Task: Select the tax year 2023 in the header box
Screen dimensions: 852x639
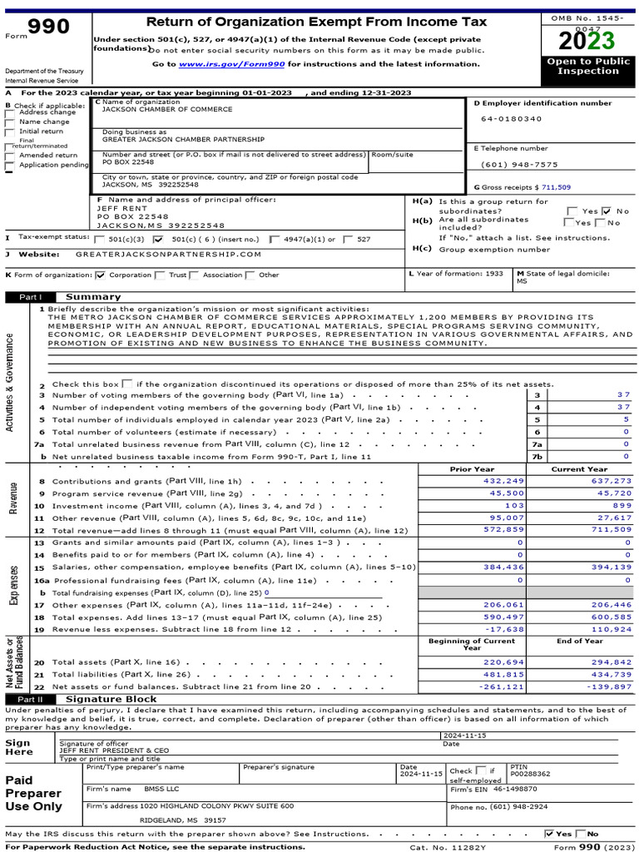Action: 587,41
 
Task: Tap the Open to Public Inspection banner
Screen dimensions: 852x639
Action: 587,67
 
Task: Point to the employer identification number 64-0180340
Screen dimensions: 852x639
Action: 510,119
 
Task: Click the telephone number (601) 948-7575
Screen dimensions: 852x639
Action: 519,165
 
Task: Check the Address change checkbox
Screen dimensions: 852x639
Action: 9,113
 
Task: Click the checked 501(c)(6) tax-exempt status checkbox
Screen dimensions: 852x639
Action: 159,239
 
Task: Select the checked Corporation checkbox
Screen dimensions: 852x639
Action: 101,275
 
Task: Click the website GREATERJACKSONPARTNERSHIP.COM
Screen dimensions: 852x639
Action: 168,255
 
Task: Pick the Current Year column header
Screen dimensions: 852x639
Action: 579,469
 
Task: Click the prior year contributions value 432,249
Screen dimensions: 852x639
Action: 504,481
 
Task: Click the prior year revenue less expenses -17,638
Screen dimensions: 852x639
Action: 504,629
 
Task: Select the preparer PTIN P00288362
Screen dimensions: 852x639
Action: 530,773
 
